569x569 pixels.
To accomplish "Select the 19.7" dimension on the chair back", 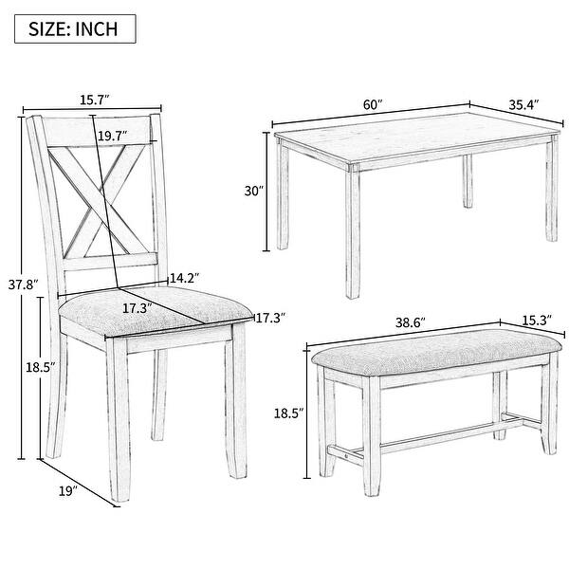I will (112, 136).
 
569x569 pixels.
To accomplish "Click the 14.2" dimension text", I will (184, 278).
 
